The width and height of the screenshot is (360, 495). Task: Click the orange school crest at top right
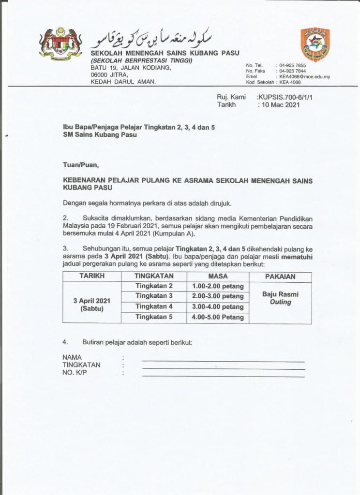pyautogui.click(x=315, y=44)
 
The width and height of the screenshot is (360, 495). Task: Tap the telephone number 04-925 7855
pyautogui.click(x=293, y=65)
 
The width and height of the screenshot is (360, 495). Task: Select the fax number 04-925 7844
pyautogui.click(x=293, y=71)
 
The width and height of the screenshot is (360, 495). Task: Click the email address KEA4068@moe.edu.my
pyautogui.click(x=304, y=77)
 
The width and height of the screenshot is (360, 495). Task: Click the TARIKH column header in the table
pyautogui.click(x=92, y=276)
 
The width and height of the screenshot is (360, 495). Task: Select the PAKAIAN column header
pyautogui.click(x=280, y=277)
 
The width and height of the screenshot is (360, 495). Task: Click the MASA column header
pyautogui.click(x=217, y=276)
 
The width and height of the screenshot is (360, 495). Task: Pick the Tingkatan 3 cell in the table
pyautogui.click(x=154, y=296)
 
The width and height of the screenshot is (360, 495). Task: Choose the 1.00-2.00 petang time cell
pyautogui.click(x=217, y=286)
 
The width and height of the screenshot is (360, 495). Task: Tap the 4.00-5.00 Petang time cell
pyautogui.click(x=217, y=318)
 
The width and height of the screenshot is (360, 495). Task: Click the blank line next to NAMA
pyautogui.click(x=223, y=361)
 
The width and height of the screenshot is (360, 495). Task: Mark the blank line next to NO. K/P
pyautogui.click(x=223, y=376)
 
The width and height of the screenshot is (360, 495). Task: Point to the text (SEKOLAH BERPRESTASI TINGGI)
pyautogui.click(x=142, y=60)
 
